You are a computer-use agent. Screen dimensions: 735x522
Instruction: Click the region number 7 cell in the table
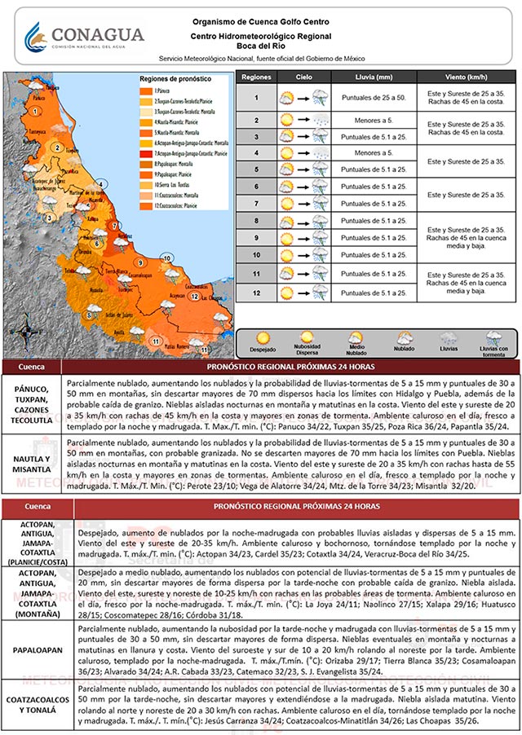click(x=256, y=204)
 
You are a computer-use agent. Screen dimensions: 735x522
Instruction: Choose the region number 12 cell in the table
click(x=256, y=292)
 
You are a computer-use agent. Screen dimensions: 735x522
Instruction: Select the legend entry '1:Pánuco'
click(x=157, y=91)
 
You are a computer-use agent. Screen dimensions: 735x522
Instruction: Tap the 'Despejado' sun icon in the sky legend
click(x=263, y=337)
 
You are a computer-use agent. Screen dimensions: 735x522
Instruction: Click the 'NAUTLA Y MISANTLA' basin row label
click(x=36, y=463)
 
